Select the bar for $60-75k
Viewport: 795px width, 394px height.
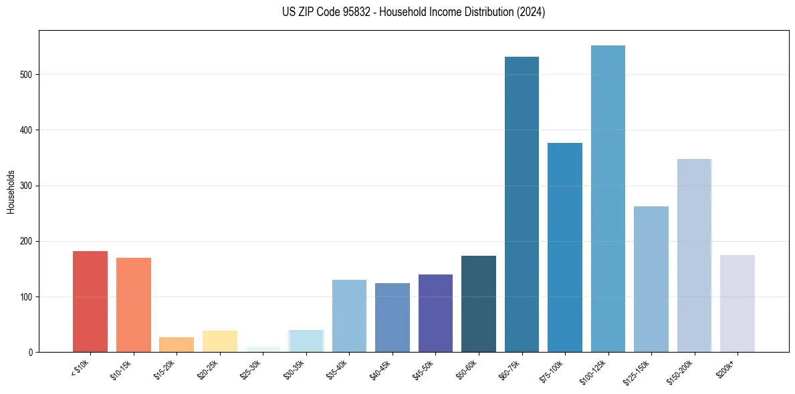click(522, 204)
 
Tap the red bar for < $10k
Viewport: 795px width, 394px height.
click(90, 301)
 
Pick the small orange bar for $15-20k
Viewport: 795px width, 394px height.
click(177, 345)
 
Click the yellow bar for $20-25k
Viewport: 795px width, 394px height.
click(220, 341)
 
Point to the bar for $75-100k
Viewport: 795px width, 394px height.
click(565, 247)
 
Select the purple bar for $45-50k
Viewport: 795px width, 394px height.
click(435, 313)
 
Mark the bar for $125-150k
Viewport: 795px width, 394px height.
click(651, 279)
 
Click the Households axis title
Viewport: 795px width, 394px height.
click(11, 192)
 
